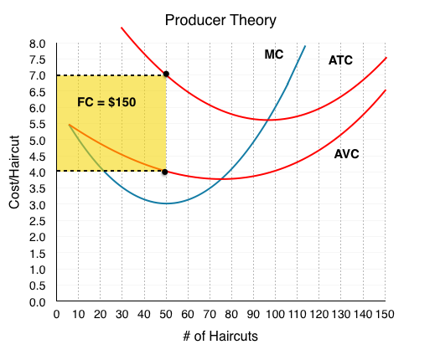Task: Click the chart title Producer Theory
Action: click(220, 21)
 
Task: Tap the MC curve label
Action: click(274, 54)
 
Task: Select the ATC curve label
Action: click(340, 60)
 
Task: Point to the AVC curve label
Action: click(346, 154)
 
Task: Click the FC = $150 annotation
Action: click(106, 102)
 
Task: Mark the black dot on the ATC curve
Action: click(166, 74)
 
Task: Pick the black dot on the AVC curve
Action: click(165, 172)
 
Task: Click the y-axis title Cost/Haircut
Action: click(14, 172)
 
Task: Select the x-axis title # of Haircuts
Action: click(220, 336)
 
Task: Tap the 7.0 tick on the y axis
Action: click(37, 75)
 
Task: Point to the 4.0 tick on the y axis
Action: click(37, 172)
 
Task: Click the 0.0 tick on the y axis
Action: click(37, 302)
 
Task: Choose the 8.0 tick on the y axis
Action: click(37, 44)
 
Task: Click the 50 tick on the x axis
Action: click(166, 315)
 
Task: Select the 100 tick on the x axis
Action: click(275, 315)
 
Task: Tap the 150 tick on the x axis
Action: click(385, 315)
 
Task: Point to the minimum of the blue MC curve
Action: click(166, 203)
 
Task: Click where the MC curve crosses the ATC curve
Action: click(268, 120)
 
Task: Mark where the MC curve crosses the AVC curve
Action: click(221, 178)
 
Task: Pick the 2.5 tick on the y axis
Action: click(37, 221)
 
